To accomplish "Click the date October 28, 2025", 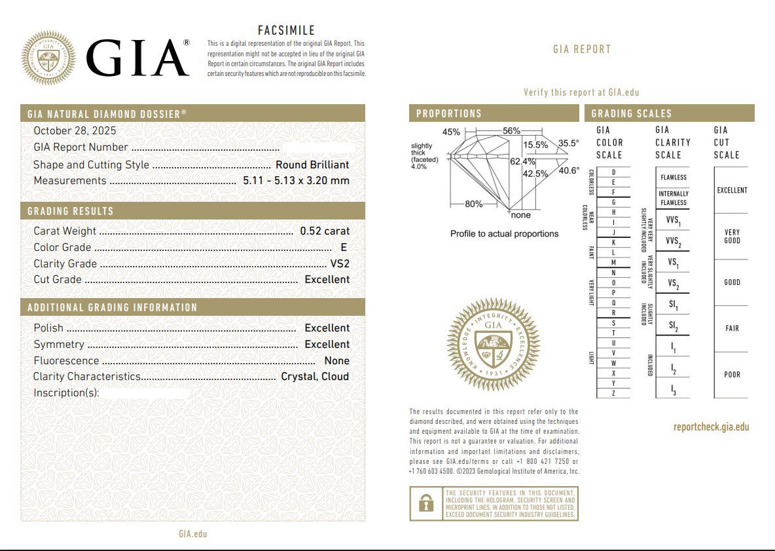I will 75,131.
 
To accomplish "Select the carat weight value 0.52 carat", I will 325,231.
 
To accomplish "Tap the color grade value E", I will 343,248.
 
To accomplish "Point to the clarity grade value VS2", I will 340,264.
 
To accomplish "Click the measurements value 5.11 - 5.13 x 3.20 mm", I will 296,181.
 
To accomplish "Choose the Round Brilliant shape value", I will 312,165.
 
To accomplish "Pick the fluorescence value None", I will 336,361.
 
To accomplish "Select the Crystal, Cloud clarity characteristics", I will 315,377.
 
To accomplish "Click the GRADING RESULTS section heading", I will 71,212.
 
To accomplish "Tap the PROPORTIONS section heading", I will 449,114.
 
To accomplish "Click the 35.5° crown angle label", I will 568,143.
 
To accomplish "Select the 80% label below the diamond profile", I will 473,204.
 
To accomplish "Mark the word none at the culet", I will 521,216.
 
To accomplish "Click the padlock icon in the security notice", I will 426,503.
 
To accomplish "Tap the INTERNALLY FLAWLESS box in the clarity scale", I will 673,198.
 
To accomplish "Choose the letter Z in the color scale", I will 613,393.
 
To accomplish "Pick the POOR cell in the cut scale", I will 732,375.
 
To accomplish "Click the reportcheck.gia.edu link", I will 711,427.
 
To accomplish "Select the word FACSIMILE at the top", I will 286,31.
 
